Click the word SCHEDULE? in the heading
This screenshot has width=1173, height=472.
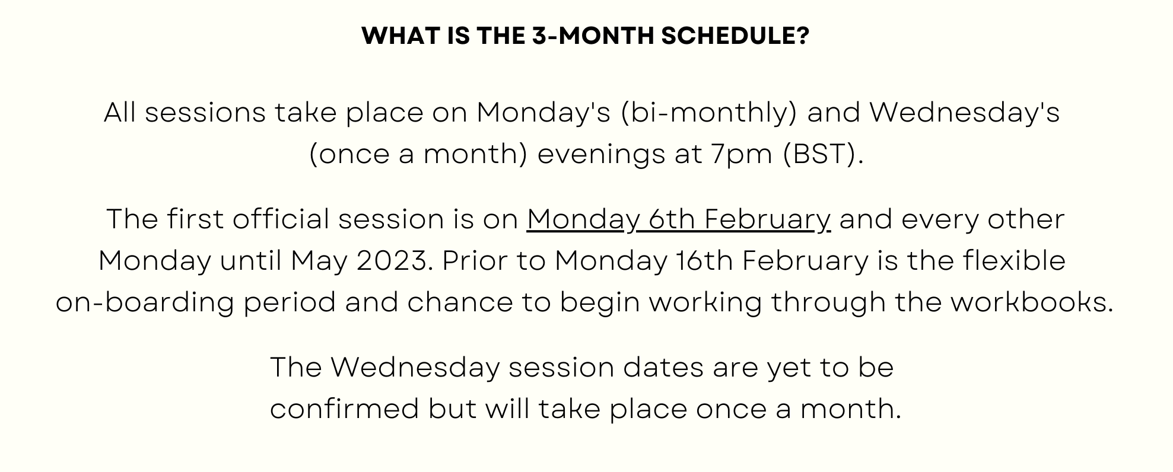pyautogui.click(x=735, y=36)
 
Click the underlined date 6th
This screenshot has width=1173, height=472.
pyautogui.click(x=672, y=219)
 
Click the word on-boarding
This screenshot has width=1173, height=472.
pyautogui.click(x=145, y=302)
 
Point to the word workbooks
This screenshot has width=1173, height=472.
pyautogui.click(x=1032, y=302)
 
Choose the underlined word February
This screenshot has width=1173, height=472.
pyautogui.click(x=768, y=220)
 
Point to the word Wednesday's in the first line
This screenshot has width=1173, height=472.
pyautogui.click(x=964, y=113)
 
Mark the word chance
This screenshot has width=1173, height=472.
pyautogui.click(x=460, y=302)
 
